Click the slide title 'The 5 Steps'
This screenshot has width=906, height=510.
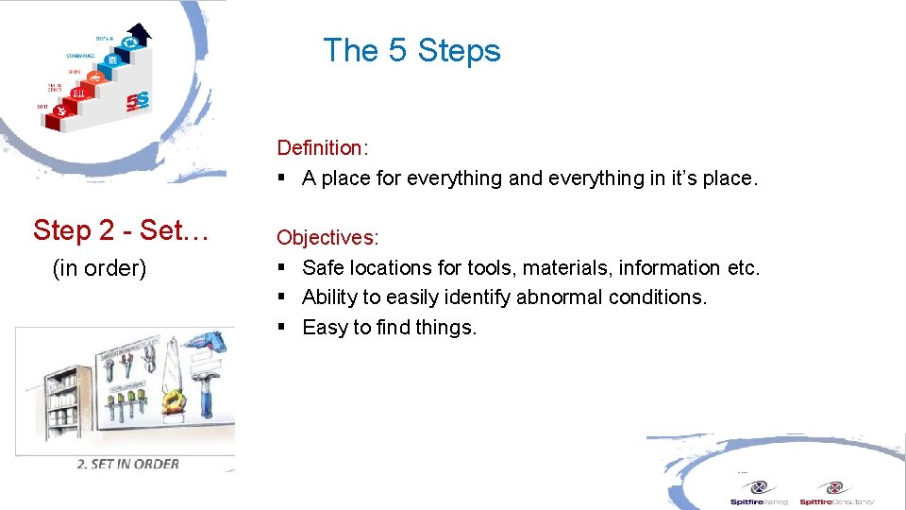411,50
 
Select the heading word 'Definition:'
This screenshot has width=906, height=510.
321,148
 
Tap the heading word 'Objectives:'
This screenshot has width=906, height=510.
327,238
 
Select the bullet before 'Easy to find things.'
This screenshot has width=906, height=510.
281,328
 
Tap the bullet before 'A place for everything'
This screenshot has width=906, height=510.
281,178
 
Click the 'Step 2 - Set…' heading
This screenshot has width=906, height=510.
120,230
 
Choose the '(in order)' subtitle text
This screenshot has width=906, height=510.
99,268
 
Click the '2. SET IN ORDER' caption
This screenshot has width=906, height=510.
128,464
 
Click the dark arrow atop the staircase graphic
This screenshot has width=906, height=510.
140,34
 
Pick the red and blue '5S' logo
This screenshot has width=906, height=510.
138,98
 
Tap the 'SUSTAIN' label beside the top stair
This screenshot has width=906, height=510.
104,38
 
